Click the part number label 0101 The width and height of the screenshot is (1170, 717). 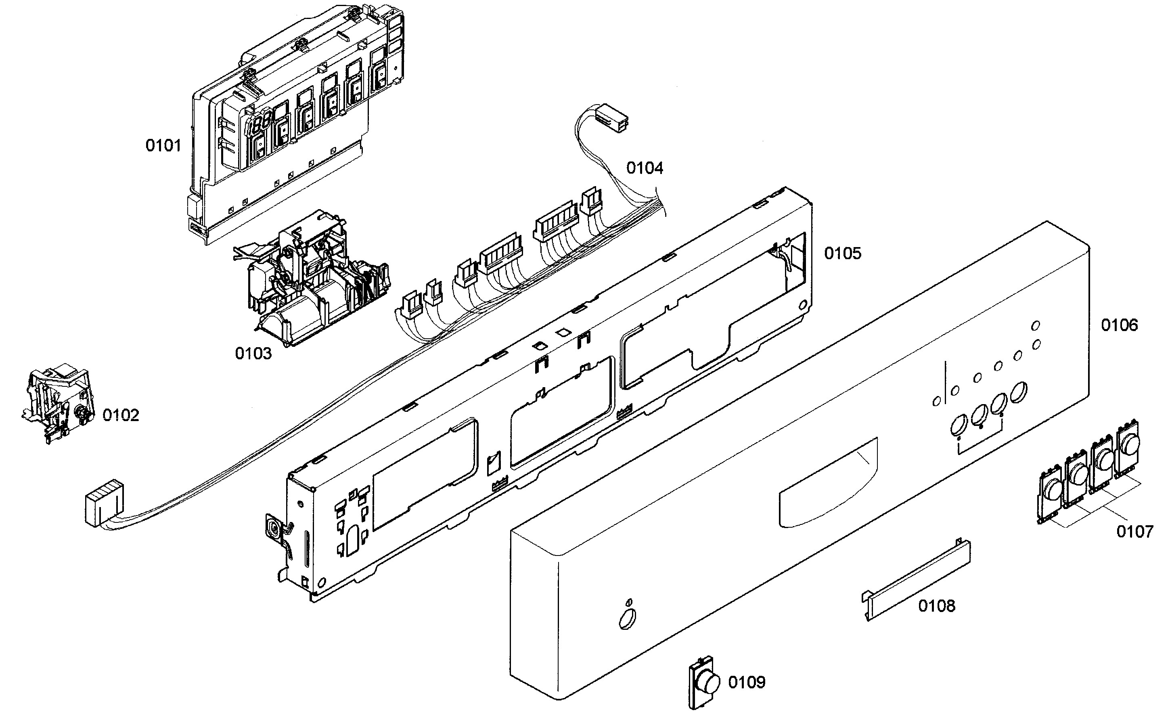[x=163, y=146]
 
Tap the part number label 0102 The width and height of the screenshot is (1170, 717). [x=121, y=415]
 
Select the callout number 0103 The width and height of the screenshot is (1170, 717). [x=253, y=354]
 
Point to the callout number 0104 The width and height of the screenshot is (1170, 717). [x=645, y=168]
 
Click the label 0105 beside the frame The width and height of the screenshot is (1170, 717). [x=842, y=254]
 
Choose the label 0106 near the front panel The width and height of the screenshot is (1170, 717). [x=1119, y=325]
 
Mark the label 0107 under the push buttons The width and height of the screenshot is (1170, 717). [x=1134, y=531]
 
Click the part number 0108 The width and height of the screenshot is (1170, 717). [x=936, y=606]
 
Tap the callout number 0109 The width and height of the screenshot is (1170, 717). [x=747, y=683]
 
